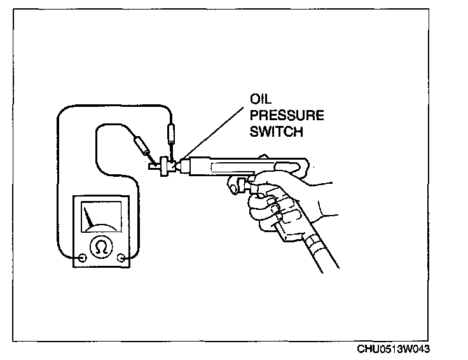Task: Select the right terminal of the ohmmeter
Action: pos(122,258)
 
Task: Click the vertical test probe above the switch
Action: pos(170,136)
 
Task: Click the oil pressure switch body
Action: pos(165,166)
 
